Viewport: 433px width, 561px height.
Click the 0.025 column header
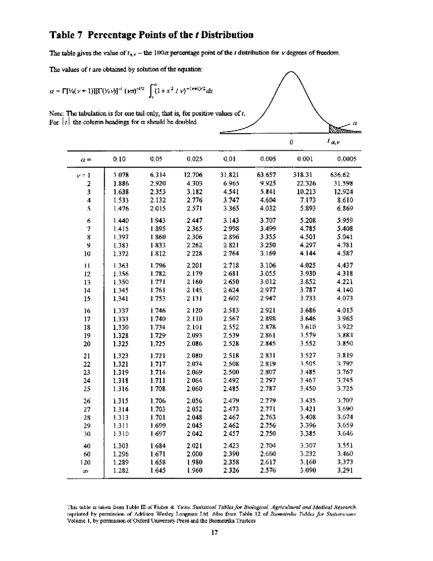click(194, 159)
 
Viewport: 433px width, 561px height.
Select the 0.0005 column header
click(347, 159)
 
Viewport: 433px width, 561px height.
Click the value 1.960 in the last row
click(194, 470)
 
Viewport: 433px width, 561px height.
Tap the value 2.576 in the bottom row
click(268, 470)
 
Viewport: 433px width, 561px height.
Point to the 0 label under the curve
click(291, 142)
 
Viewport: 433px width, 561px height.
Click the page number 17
click(215, 532)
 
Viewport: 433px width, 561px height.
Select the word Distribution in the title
click(227, 35)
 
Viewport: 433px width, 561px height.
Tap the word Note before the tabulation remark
click(56, 115)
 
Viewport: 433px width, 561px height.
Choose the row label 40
click(87, 446)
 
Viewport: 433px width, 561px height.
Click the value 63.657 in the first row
click(266, 175)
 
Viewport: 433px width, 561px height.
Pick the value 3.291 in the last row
click(345, 470)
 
